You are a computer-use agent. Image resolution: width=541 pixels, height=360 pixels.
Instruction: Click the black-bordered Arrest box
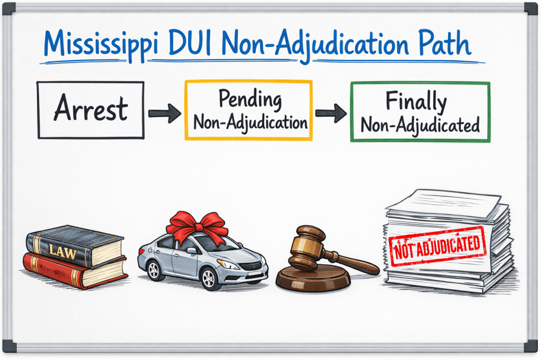(x=91, y=110)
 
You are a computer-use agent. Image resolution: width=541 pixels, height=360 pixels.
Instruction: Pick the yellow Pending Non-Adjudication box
(x=248, y=110)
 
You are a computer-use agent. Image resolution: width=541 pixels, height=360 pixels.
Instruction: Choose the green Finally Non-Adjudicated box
(x=420, y=111)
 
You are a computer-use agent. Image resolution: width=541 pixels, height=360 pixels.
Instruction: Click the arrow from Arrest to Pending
(x=164, y=112)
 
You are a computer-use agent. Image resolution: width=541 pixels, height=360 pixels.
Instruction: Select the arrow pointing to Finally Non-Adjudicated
(x=331, y=112)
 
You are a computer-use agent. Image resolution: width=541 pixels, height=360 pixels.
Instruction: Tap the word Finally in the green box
(x=416, y=101)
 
